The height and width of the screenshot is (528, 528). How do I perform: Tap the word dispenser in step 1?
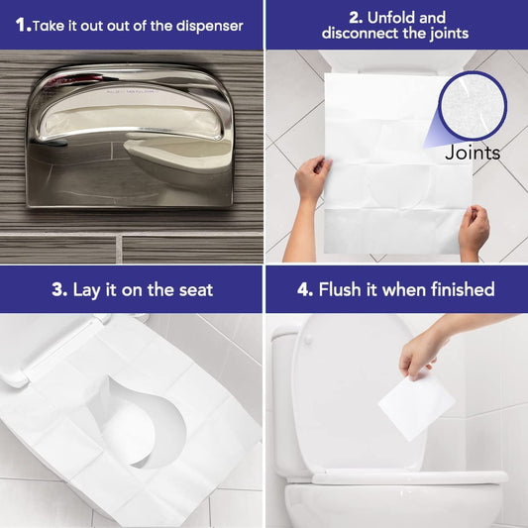pyautogui.click(x=205, y=25)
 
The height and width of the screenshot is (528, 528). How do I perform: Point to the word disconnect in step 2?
pyautogui.click(x=359, y=34)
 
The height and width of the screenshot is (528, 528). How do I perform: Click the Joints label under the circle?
pyautogui.click(x=473, y=153)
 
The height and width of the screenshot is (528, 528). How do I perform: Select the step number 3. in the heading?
pyautogui.click(x=58, y=290)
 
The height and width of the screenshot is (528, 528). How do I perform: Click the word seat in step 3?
pyautogui.click(x=191, y=290)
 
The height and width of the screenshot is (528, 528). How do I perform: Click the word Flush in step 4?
pyautogui.click(x=341, y=290)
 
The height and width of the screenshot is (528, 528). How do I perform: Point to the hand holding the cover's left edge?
pyautogui.click(x=312, y=178)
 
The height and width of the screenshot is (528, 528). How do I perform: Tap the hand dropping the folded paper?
pyautogui.click(x=426, y=348)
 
